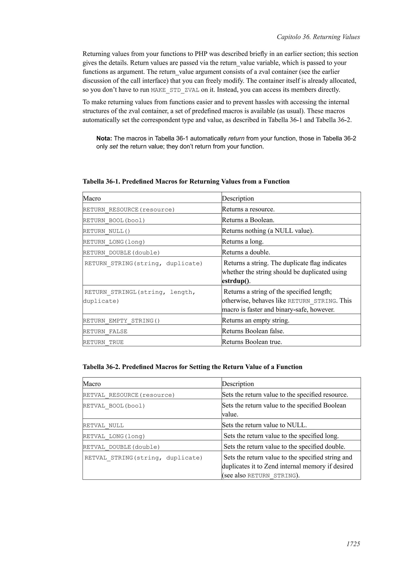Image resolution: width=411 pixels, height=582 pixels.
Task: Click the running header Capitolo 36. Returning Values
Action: click(318, 37)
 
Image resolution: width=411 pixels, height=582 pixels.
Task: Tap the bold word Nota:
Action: click(104, 138)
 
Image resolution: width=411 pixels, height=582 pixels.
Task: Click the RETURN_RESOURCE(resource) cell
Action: click(129, 210)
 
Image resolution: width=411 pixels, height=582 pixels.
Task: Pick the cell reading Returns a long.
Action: click(243, 242)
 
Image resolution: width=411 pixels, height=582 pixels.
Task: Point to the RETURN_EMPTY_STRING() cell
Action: click(122, 321)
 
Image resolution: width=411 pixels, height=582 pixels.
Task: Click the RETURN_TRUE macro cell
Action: click(103, 342)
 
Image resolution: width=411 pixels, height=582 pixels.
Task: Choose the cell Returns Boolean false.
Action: click(253, 331)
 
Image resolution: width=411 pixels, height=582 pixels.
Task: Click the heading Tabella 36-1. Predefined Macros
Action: click(186, 182)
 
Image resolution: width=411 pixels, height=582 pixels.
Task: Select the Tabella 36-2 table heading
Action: click(192, 367)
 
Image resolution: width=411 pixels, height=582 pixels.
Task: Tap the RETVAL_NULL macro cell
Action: click(103, 426)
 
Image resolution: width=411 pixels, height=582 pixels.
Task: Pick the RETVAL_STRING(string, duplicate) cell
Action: click(143, 458)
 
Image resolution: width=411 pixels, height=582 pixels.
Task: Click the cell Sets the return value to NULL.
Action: click(264, 425)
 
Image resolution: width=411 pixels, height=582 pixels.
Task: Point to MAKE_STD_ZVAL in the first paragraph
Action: click(175, 90)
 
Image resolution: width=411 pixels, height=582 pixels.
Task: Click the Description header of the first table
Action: click(238, 198)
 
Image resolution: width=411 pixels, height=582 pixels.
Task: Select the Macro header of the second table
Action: click(92, 384)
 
